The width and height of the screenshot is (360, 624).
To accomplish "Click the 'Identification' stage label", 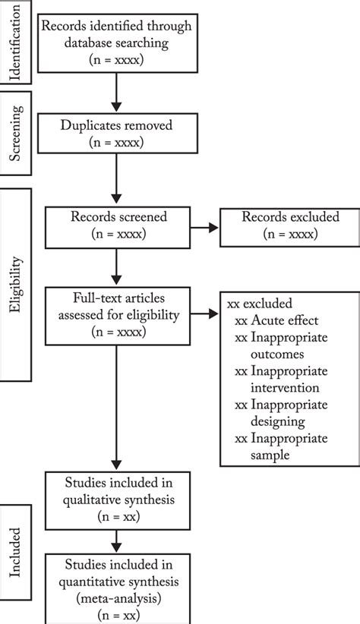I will pos(16,43).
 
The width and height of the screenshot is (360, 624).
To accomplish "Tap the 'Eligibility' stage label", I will pos(16,285).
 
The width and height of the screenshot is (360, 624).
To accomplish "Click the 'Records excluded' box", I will pos(289,225).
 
